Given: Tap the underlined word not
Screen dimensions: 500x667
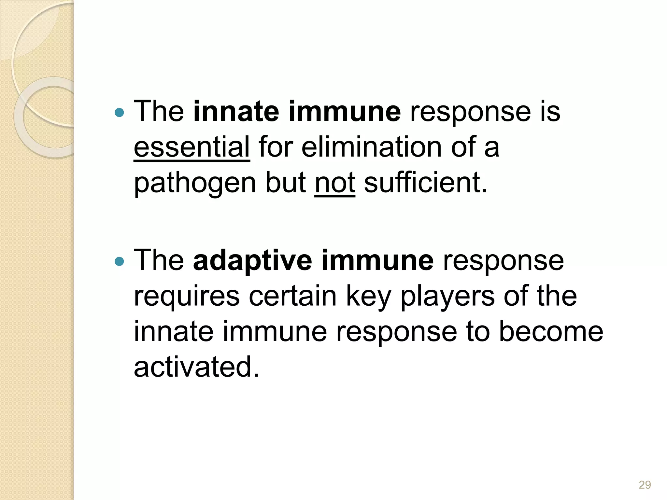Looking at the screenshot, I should tap(334, 183).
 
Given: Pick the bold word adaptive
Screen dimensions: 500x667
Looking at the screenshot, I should tap(252, 260).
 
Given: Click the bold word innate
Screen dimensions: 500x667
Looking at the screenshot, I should tap(236, 112).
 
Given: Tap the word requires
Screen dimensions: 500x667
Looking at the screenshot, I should tap(187, 297).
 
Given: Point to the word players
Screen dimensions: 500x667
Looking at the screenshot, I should tap(447, 297).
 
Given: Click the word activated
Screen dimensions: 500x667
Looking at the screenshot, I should tap(196, 367).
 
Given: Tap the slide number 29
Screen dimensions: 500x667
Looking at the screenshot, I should tap(645, 485).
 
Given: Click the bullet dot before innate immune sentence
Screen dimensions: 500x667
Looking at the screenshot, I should tap(120, 113).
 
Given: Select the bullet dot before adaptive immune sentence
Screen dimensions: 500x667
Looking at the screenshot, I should tap(120, 261).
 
